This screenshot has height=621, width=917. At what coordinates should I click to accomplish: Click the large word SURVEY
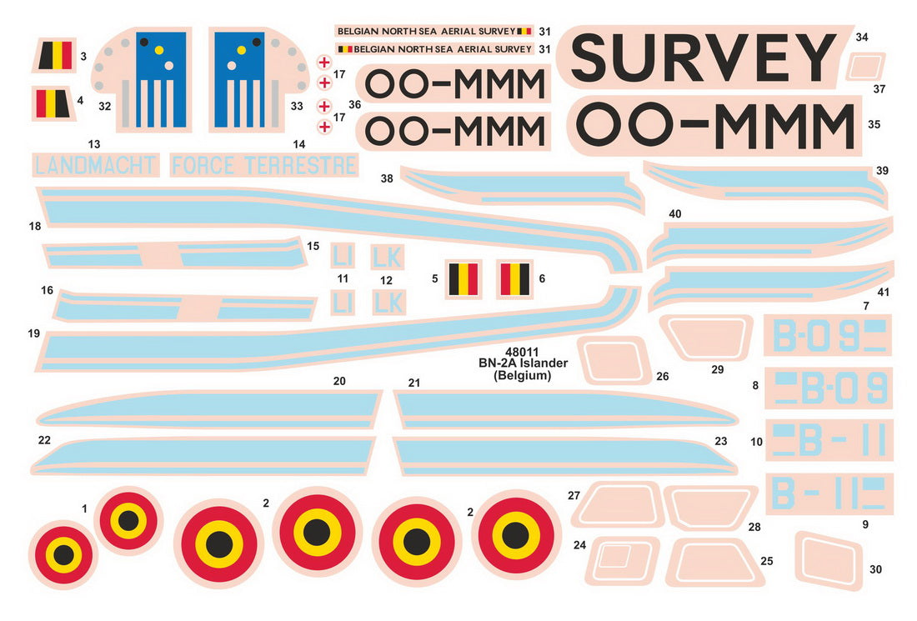point(704,57)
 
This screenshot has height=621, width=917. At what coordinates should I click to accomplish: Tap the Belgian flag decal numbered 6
point(514,279)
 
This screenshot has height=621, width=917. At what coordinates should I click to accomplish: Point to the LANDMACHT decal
point(95,166)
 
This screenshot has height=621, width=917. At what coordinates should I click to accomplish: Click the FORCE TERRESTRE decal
point(263,166)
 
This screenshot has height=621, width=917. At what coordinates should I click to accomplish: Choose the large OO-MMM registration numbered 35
point(714,124)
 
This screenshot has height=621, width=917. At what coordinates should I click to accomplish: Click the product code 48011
point(522,352)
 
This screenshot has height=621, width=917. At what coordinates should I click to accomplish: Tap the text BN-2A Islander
point(523,363)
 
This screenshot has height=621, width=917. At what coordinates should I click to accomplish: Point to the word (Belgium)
point(522,375)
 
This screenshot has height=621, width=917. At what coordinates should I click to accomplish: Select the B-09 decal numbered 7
point(828,335)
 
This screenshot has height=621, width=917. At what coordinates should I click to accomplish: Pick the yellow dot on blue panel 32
point(159,50)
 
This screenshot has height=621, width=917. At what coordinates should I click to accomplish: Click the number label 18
point(35,226)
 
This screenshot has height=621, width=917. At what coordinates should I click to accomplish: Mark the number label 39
point(883,170)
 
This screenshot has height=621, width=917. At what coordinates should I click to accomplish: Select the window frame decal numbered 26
point(614,360)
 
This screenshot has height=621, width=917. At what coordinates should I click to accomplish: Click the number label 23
point(720,441)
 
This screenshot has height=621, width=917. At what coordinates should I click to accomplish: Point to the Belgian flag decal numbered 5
point(464,278)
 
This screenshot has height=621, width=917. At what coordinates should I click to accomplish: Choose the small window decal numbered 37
point(865,66)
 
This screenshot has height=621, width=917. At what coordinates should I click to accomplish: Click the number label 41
point(883,292)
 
